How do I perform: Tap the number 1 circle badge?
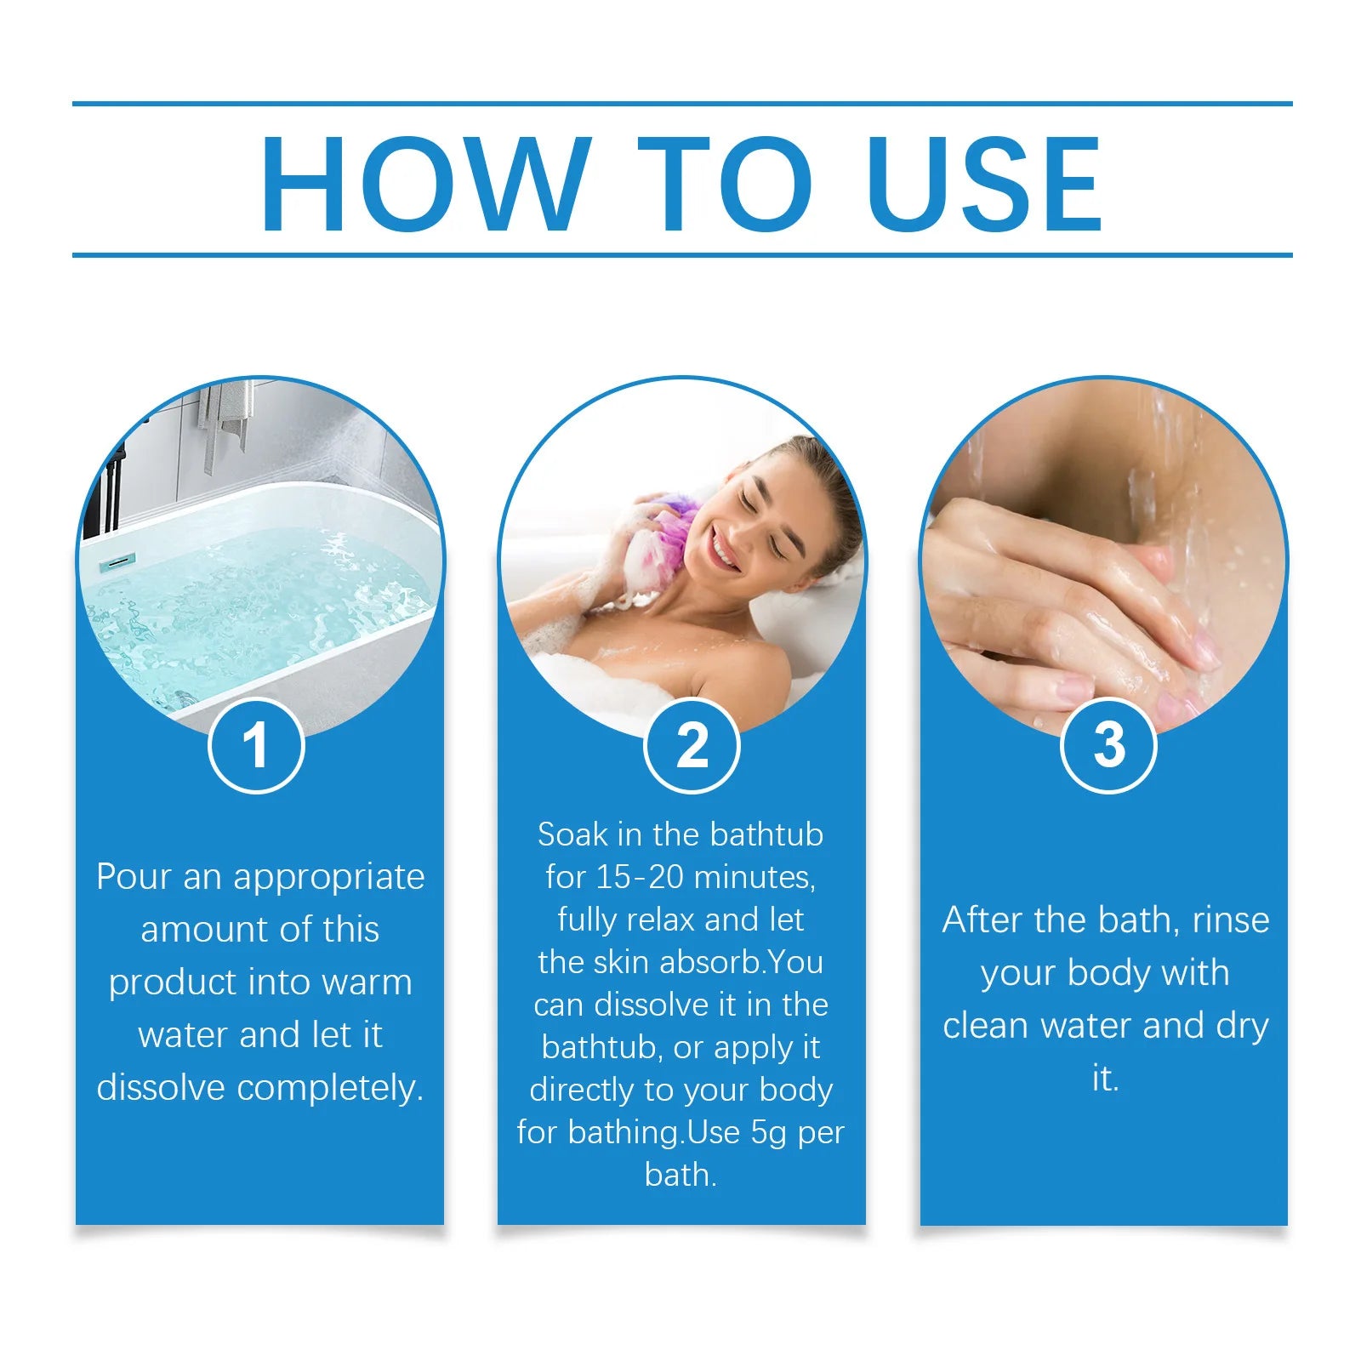tap(256, 745)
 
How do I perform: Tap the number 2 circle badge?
tap(692, 746)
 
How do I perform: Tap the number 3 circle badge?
tap(1108, 745)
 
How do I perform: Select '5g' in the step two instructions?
tap(770, 1132)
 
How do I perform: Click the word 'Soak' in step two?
tap(572, 834)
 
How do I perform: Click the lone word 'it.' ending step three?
tap(1105, 1079)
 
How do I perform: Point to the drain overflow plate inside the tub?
tap(117, 562)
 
